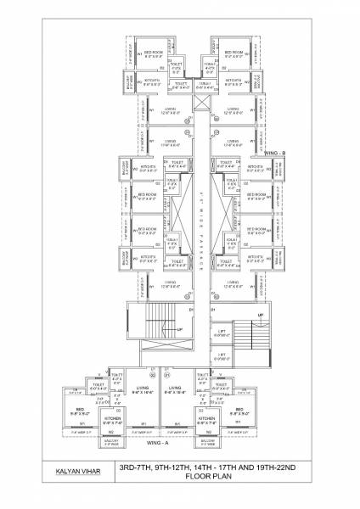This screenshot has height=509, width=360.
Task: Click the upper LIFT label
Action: pos(221,333)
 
